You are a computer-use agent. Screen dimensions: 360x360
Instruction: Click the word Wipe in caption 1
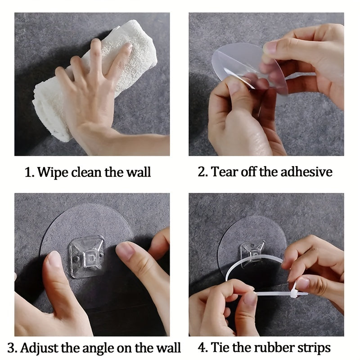tap(53, 172)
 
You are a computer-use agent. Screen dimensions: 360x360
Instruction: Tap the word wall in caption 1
tap(139, 172)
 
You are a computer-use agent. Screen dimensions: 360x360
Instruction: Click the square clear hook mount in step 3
tap(87, 256)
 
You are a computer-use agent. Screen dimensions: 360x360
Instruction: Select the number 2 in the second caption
tap(201, 172)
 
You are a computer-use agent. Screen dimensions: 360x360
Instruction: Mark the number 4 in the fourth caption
tap(201, 347)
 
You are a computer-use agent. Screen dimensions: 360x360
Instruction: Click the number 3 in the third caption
tap(11, 348)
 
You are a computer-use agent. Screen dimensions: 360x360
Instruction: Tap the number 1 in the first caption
tap(28, 172)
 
